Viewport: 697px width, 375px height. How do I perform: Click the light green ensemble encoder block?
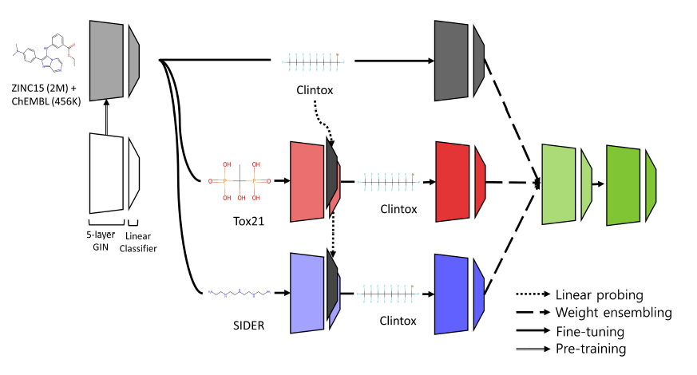560,184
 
